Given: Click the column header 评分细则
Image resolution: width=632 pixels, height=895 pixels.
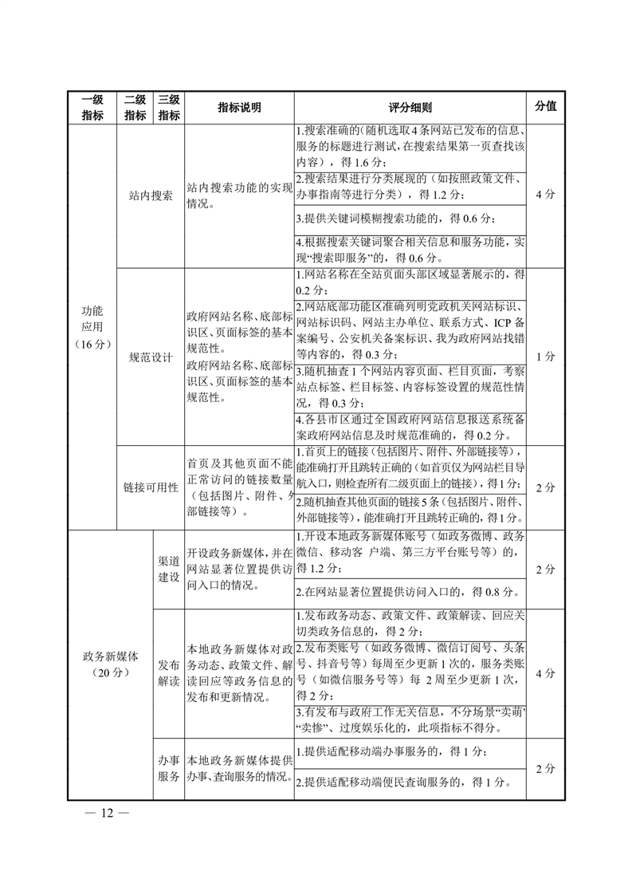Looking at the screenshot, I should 410,108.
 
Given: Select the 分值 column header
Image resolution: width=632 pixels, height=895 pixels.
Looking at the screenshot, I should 546,106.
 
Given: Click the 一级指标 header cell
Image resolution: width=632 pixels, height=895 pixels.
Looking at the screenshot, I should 92,108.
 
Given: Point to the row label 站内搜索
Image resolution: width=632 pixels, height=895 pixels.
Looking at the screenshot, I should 151,195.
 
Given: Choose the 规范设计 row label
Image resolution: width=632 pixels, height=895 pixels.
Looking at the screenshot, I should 151,357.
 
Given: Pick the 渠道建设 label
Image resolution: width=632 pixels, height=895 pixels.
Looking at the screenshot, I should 168,569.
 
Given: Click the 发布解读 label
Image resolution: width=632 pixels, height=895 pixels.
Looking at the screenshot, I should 168,673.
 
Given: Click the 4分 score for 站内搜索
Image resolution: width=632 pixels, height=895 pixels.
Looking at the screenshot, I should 546,195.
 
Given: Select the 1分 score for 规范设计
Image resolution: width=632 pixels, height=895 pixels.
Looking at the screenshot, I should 546,357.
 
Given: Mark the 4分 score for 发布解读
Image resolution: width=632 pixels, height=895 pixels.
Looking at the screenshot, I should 546,673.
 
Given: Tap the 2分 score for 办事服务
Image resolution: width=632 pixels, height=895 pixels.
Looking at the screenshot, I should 546,769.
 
